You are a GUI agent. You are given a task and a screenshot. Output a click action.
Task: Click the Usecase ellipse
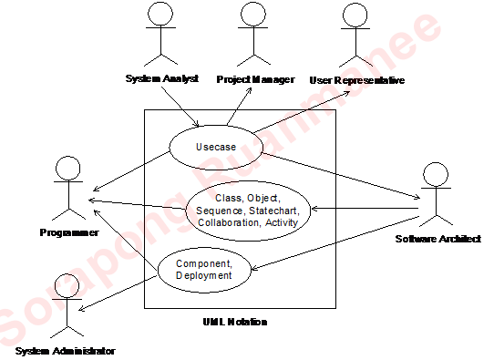pyautogui.click(x=215, y=146)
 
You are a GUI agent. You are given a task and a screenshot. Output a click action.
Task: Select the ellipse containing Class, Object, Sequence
pyautogui.click(x=248, y=211)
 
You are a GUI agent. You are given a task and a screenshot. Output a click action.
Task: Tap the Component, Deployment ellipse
pyautogui.click(x=203, y=269)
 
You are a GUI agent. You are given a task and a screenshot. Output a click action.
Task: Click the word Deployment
pyautogui.click(x=203, y=275)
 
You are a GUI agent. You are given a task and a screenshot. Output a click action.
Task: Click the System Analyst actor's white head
pyautogui.click(x=160, y=14)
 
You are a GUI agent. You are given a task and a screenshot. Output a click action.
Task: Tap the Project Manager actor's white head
pyautogui.click(x=252, y=14)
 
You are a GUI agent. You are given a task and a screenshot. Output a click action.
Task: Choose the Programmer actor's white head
pyautogui.click(x=68, y=168)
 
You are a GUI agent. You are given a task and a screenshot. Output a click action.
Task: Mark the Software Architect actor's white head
pyautogui.click(x=436, y=174)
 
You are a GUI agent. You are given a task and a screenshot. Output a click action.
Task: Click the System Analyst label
pyautogui.click(x=162, y=79)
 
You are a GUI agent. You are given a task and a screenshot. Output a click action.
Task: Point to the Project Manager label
pyautogui.click(x=255, y=79)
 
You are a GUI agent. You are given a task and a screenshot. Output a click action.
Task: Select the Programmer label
pyautogui.click(x=69, y=233)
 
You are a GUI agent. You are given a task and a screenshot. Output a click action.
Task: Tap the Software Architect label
pyautogui.click(x=437, y=239)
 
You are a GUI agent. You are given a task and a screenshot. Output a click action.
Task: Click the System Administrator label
pyautogui.click(x=64, y=351)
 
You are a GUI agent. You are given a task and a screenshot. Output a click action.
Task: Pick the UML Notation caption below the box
pyautogui.click(x=235, y=322)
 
